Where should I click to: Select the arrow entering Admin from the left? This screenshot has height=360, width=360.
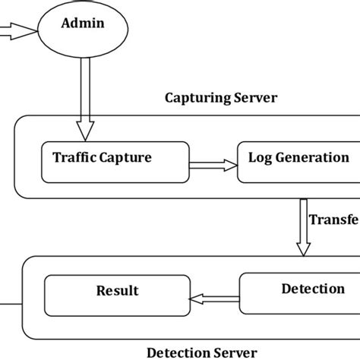click(x=17, y=31)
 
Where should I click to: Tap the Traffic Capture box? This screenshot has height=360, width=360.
click(x=114, y=161)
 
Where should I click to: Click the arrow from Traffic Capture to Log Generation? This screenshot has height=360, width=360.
click(x=213, y=163)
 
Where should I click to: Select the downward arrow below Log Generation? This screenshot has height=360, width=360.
click(x=304, y=228)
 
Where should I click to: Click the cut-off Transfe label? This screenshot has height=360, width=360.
click(x=333, y=219)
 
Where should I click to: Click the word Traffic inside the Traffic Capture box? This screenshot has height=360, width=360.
click(x=74, y=158)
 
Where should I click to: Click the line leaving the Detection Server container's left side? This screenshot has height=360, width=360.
click(x=10, y=304)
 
